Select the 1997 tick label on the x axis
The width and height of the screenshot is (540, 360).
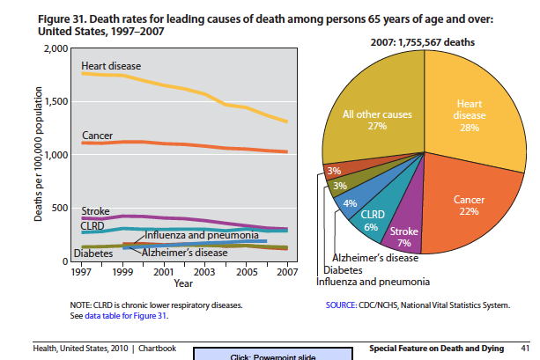point(82,271)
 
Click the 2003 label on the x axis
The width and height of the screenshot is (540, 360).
point(205,271)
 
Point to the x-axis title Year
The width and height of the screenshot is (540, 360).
point(183,283)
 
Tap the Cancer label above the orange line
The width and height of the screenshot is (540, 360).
point(97,136)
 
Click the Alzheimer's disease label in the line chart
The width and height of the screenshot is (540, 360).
point(184,253)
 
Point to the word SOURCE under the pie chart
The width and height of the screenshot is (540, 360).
point(342,305)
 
